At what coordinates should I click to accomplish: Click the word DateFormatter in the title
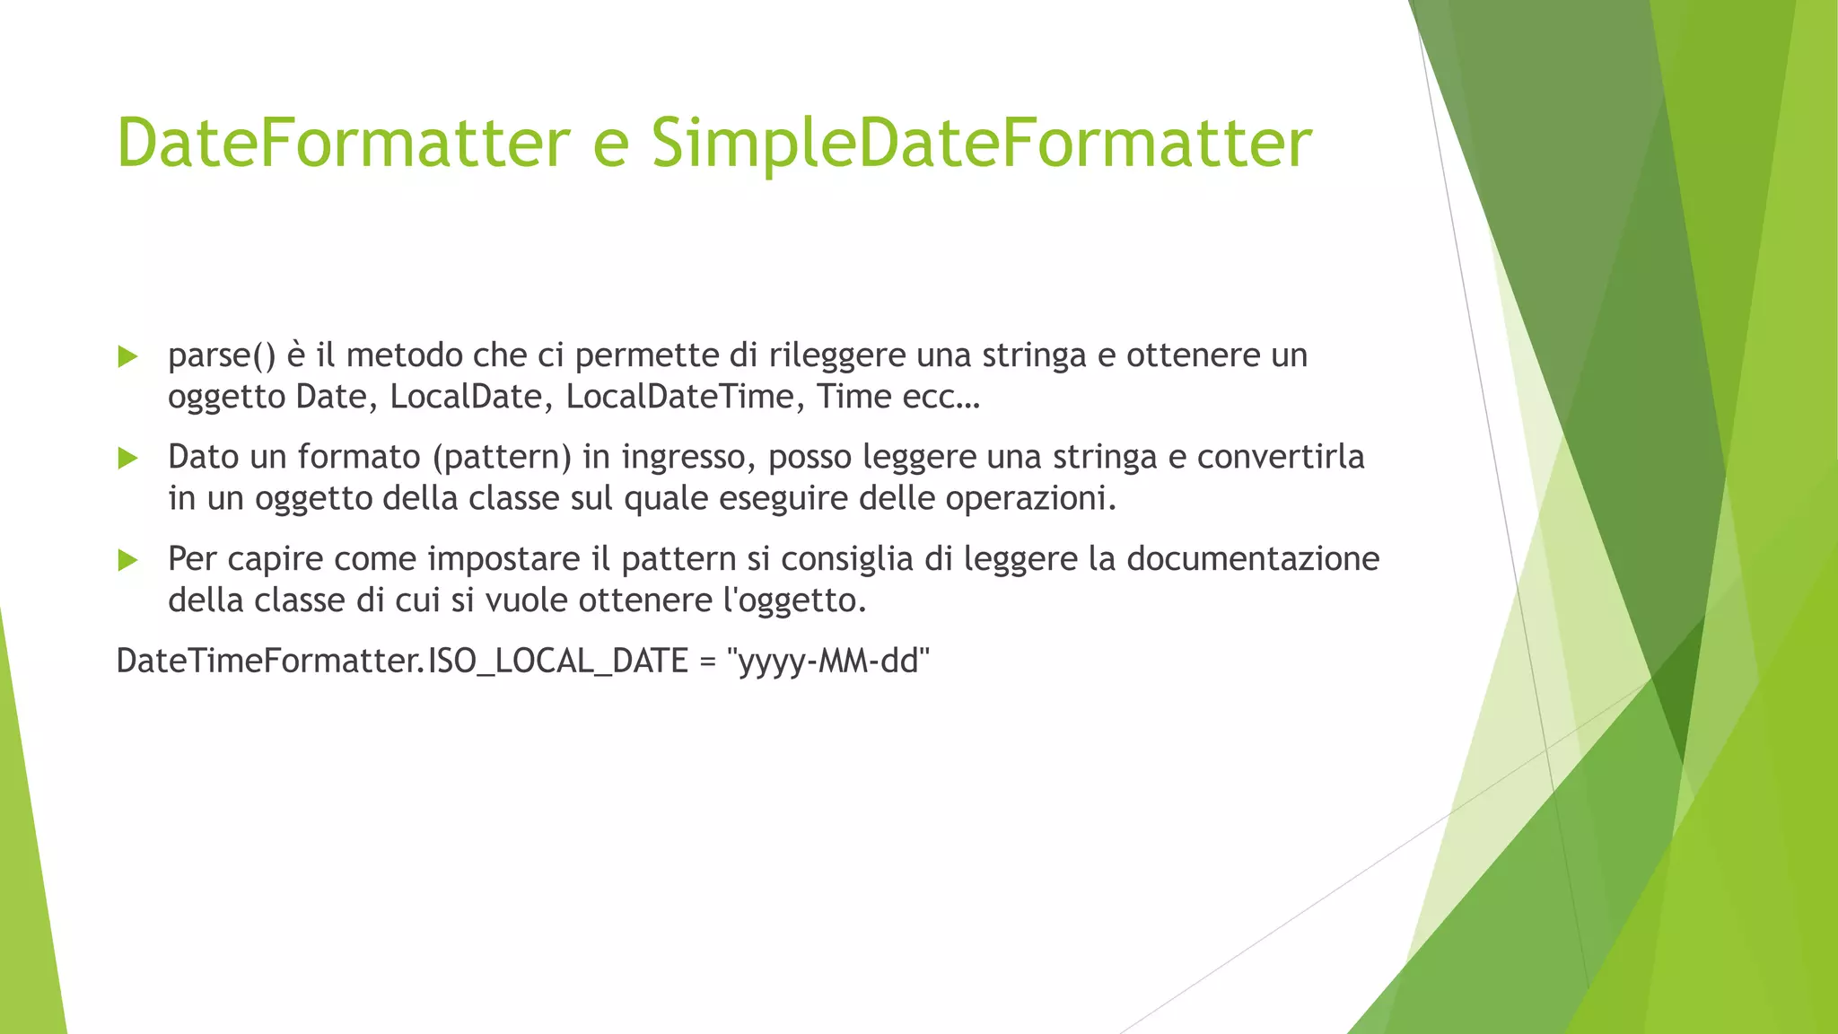pos(344,144)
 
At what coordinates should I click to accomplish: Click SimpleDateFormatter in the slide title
pos(981,144)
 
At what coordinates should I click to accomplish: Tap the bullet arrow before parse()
pos(128,357)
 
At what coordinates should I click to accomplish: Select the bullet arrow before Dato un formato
pos(128,459)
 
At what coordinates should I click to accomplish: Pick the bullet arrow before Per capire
pos(128,561)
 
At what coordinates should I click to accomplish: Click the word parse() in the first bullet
pos(222,356)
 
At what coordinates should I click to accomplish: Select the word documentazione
pos(1253,559)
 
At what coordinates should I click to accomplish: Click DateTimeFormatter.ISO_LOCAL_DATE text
pos(402,662)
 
